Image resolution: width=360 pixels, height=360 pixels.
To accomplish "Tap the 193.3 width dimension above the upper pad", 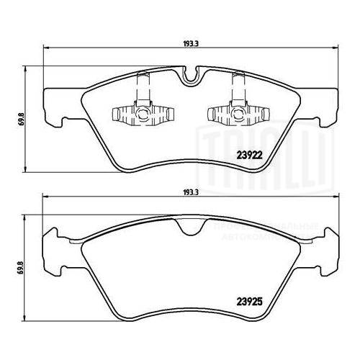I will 190,42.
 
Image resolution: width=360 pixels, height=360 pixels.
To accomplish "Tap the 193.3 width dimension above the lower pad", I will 190,192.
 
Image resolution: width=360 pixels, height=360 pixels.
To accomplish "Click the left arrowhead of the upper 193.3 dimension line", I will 47,49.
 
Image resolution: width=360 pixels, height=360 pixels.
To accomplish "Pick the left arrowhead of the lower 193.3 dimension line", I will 47,199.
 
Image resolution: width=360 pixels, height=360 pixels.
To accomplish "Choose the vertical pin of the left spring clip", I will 143,91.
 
